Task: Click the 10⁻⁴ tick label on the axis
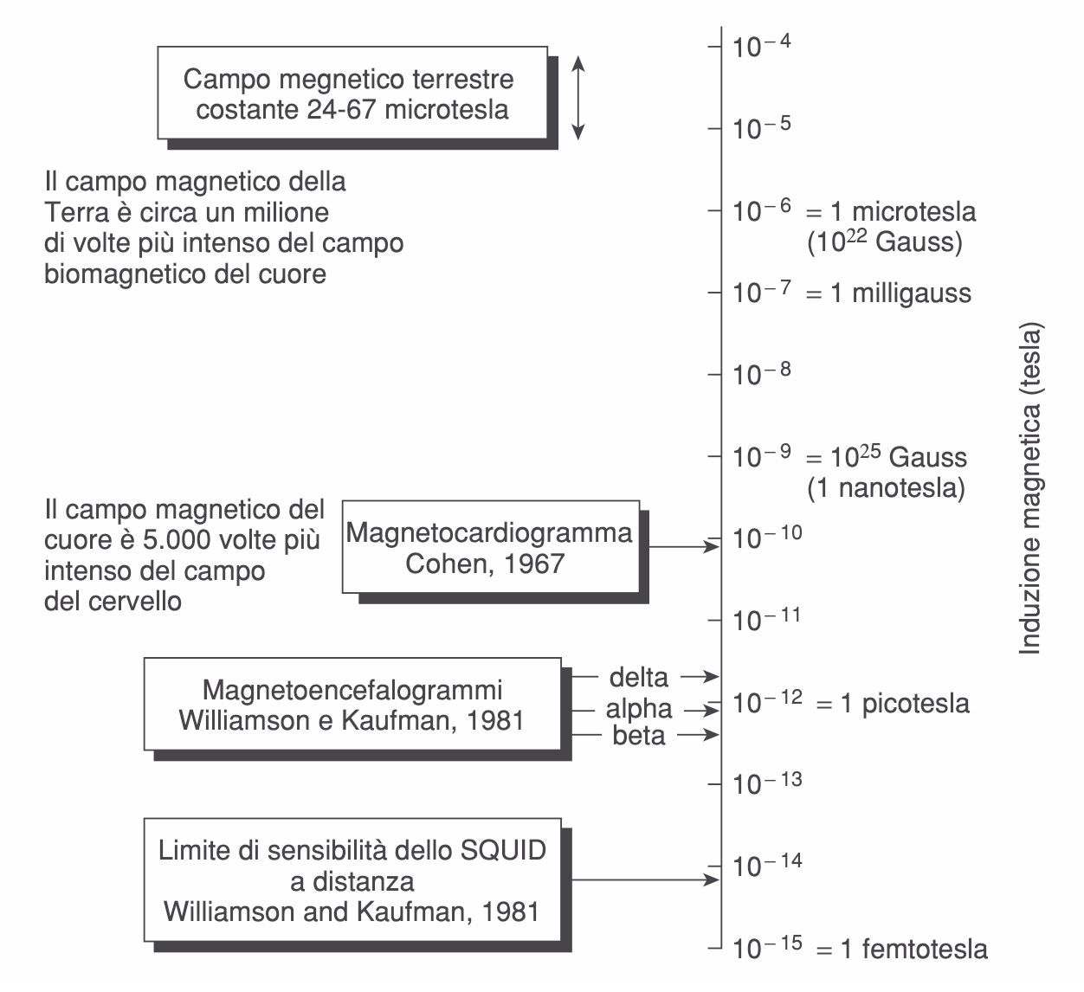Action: [x=761, y=46]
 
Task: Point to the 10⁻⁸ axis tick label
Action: [x=761, y=373]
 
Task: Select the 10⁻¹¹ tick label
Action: [x=766, y=619]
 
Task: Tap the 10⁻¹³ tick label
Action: [x=767, y=783]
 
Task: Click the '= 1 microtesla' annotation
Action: [x=891, y=212]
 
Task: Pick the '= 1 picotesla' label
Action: [x=893, y=704]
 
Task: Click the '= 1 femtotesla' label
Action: [x=902, y=950]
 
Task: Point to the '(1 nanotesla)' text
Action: [x=887, y=488]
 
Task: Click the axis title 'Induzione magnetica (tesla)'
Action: [x=1030, y=488]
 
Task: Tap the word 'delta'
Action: [x=639, y=677]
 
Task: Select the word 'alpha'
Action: [x=639, y=708]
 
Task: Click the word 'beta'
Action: [x=639, y=736]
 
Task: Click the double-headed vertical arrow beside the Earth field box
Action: [x=578, y=98]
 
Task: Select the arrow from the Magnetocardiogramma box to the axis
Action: [x=684, y=547]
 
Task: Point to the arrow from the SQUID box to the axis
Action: [x=646, y=879]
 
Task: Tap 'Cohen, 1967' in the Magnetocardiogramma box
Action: [x=485, y=564]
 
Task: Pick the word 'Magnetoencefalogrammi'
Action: [x=352, y=690]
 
